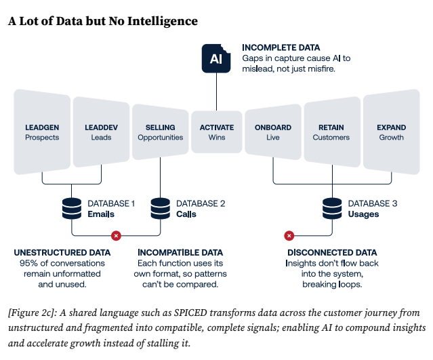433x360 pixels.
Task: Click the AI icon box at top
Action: point(216,59)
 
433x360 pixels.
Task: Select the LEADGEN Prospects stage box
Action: point(42,132)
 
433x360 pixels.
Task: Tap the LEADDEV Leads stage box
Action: point(101,132)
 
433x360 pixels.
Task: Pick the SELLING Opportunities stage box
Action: point(160,132)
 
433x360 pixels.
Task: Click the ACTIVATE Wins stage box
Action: point(217,132)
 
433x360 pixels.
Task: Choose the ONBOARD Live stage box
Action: point(273,132)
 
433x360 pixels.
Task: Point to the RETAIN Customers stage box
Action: point(331,132)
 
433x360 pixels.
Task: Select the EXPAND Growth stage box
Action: point(392,132)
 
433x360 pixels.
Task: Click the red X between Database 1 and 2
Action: point(116,235)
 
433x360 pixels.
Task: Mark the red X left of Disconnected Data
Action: point(289,235)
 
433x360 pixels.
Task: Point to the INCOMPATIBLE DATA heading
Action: point(180,253)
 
